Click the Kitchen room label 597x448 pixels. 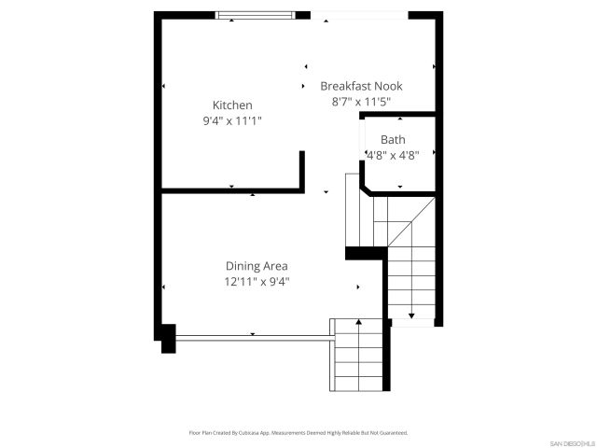pos(232,105)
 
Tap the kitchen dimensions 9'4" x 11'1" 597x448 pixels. pos(232,120)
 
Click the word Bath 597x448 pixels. pos(392,140)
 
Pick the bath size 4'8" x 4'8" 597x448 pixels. pos(392,156)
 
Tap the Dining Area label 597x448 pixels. pos(256,266)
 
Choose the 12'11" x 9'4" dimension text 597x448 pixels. pos(256,281)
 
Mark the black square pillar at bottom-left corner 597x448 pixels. pos(168,339)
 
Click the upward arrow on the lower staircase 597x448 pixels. pos(359,323)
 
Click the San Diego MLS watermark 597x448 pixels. pos(570,441)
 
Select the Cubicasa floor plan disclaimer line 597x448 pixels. pos(298,433)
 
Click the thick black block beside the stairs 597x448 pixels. pos(366,253)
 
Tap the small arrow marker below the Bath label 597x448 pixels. pos(400,187)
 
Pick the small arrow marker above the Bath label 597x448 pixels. pos(400,119)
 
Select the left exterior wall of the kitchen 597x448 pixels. pos(158,103)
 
